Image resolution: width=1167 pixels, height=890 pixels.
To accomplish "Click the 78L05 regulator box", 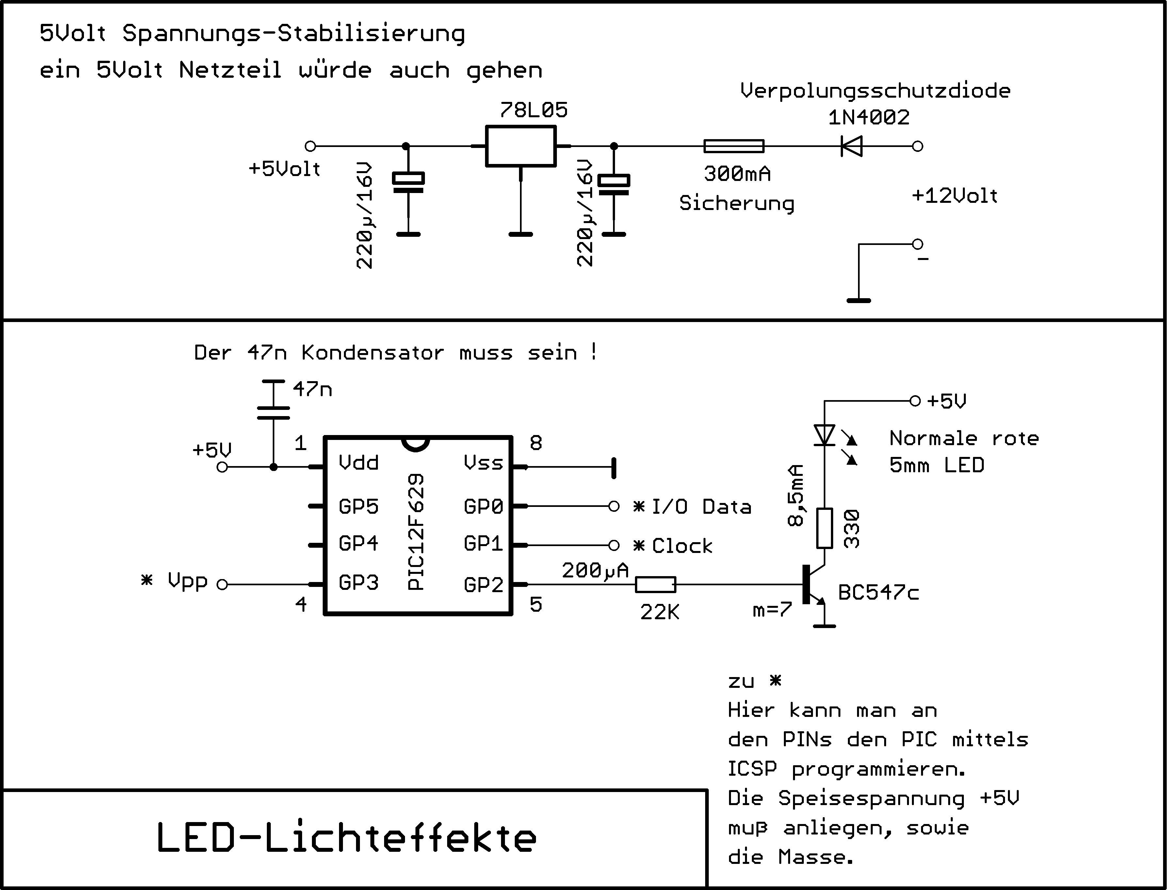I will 521,146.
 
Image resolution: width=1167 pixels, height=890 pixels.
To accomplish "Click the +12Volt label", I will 955,196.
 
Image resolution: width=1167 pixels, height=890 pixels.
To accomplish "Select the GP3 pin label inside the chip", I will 359,583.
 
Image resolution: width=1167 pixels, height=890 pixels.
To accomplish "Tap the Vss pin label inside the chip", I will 483,463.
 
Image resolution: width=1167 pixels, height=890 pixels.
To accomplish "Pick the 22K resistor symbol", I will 655,584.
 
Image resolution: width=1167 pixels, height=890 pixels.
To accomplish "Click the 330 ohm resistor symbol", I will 825,528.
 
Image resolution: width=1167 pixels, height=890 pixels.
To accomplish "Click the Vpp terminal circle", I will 222,584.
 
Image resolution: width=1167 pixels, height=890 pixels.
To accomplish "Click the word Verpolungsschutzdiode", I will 875,90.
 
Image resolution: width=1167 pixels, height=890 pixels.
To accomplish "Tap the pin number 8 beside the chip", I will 536,443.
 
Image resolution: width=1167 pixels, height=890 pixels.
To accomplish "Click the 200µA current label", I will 595,570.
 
